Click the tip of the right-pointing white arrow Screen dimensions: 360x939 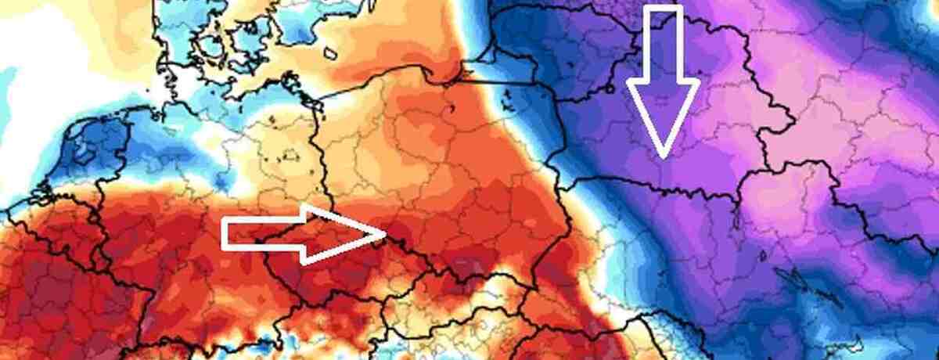pyautogui.click(x=387, y=232)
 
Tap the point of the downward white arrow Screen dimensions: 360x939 pyautogui.click(x=663, y=157)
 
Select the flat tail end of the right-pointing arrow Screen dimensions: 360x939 pyautogui.click(x=225, y=234)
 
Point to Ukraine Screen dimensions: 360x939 pyautogui.click(x=743, y=258)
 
